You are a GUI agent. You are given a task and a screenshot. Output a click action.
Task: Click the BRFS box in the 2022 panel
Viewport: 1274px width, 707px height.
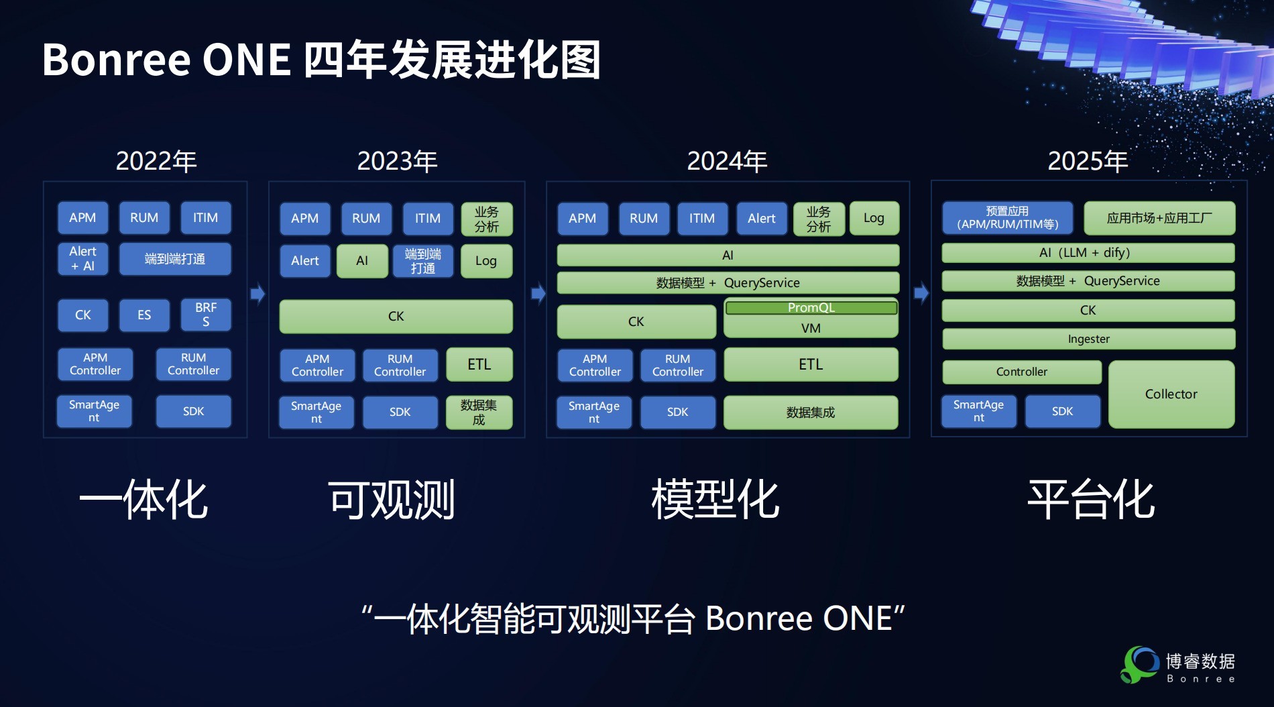pyautogui.click(x=206, y=315)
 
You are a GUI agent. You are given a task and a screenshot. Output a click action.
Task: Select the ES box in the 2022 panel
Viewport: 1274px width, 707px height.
pyautogui.click(x=144, y=315)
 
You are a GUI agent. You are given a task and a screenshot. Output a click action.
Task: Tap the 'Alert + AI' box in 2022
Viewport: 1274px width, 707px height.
pyautogui.click(x=83, y=259)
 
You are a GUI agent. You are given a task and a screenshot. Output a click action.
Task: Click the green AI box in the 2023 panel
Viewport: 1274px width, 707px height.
pyautogui.click(x=362, y=261)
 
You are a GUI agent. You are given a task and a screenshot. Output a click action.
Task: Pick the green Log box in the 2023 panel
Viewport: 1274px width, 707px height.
pyautogui.click(x=486, y=261)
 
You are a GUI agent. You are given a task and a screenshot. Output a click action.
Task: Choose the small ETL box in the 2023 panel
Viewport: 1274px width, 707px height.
pyautogui.click(x=479, y=364)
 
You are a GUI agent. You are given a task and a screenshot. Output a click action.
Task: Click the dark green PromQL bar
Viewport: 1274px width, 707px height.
pyautogui.click(x=811, y=308)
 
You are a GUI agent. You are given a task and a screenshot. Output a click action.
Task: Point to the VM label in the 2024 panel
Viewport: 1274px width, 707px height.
pyautogui.click(x=811, y=329)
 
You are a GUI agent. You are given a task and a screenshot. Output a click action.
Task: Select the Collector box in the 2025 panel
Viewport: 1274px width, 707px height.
pyautogui.click(x=1171, y=394)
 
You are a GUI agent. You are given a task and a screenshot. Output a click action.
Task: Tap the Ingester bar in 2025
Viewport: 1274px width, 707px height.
pyautogui.click(x=1088, y=339)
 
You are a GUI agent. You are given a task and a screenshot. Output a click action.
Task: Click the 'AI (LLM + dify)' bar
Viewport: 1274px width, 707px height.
pyautogui.click(x=1088, y=253)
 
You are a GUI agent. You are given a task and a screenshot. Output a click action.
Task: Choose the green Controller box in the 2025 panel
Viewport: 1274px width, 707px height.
pyautogui.click(x=1022, y=372)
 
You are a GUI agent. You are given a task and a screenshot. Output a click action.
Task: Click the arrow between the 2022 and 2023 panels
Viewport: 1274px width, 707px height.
pyautogui.click(x=258, y=294)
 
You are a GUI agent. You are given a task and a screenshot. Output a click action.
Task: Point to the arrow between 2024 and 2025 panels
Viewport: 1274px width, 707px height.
pyautogui.click(x=922, y=292)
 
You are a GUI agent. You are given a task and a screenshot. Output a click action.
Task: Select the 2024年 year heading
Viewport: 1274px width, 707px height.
pyautogui.click(x=727, y=161)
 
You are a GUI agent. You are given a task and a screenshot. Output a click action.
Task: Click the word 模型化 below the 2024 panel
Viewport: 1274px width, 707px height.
pyautogui.click(x=715, y=500)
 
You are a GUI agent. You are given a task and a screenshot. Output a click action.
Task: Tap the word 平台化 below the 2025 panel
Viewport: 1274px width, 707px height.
pyautogui.click(x=1091, y=500)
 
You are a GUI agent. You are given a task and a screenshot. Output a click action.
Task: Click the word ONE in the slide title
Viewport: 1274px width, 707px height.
pyautogui.click(x=246, y=60)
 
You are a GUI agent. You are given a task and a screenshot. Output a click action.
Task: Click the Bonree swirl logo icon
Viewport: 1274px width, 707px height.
pyautogui.click(x=1139, y=665)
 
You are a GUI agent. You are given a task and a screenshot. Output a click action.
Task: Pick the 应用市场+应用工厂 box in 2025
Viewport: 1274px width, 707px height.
pyautogui.click(x=1159, y=218)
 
